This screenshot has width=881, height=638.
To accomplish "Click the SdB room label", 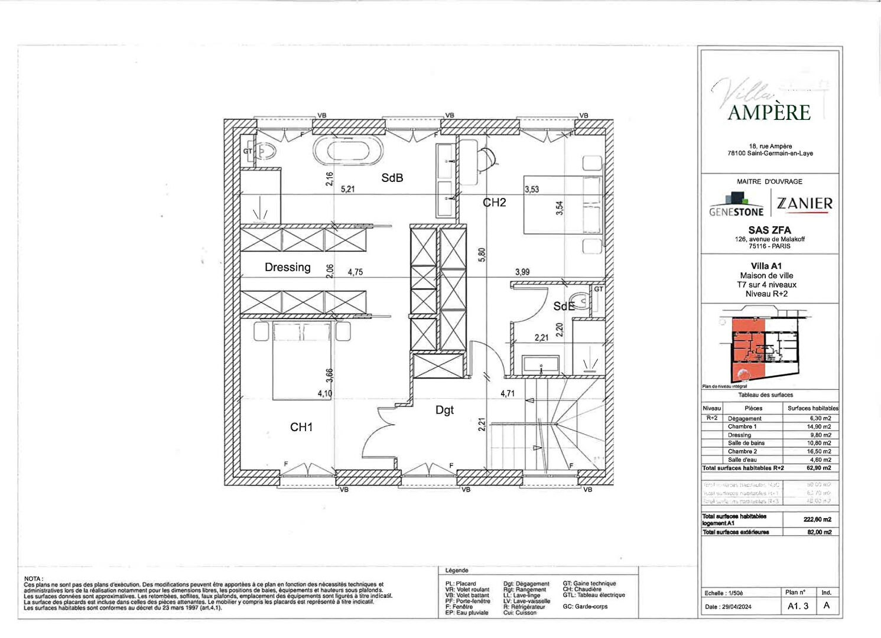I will (x=392, y=178).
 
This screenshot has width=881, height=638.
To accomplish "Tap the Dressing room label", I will (x=287, y=268).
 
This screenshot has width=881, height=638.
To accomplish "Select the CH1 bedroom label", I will (x=301, y=427).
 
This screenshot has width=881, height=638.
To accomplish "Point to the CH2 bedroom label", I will (x=495, y=203).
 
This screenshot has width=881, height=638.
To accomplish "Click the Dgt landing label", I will (x=444, y=410).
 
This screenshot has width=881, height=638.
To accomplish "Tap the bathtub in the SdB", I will (x=348, y=151).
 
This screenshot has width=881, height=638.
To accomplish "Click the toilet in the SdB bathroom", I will (x=266, y=151).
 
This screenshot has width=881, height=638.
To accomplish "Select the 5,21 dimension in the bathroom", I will (x=348, y=190).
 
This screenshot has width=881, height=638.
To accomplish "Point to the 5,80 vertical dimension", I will (x=482, y=255).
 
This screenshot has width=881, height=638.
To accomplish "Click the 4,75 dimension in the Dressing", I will (x=355, y=272).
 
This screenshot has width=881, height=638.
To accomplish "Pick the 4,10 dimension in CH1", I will (x=325, y=393).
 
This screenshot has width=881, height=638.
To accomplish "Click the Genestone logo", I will (x=736, y=204).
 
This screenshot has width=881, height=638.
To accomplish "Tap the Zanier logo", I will (x=804, y=204).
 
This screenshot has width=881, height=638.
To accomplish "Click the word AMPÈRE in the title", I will (x=769, y=113).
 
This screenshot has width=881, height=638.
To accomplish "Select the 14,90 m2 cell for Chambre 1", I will (x=820, y=427).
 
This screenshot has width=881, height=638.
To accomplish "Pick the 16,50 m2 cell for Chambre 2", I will (x=820, y=451).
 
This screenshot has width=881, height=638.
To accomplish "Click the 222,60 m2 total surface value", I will (x=817, y=520).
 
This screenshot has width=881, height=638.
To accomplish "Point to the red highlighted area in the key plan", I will (x=748, y=349).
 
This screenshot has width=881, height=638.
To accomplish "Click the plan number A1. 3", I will (x=798, y=606).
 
